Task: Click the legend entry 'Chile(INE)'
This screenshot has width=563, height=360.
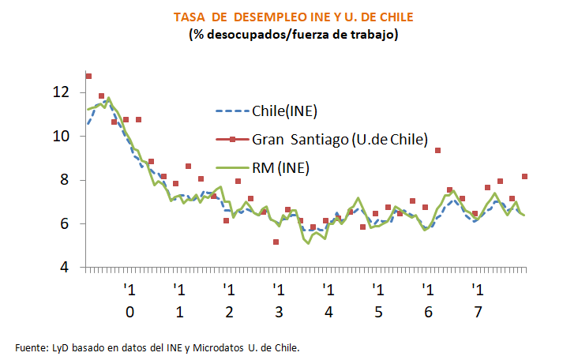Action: point(284,111)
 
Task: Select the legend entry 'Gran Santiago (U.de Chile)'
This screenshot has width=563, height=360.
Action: point(340,139)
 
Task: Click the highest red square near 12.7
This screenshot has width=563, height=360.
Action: point(88,77)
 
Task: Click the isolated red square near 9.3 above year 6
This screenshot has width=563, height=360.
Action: point(437,151)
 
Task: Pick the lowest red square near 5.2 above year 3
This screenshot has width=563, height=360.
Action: point(276,242)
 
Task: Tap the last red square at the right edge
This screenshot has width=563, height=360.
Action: point(525,176)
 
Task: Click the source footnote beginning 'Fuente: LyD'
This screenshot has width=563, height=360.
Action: point(158,347)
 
